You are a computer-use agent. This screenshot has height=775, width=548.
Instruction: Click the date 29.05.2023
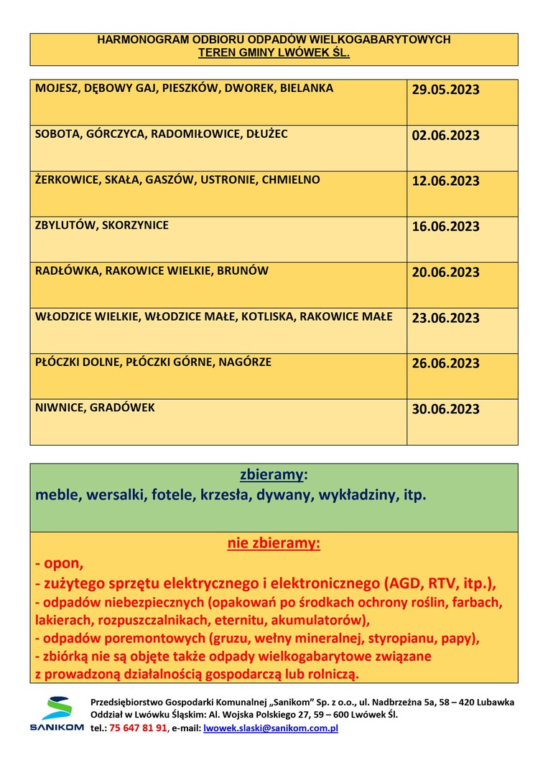click(x=445, y=90)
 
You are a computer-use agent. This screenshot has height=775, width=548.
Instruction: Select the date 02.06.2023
click(x=445, y=136)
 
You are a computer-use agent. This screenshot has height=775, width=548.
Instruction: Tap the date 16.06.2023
click(x=445, y=227)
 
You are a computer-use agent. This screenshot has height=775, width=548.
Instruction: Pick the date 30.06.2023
click(x=445, y=410)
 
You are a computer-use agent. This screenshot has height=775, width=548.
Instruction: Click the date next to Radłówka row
click(x=445, y=273)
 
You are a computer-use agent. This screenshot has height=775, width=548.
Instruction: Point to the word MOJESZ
click(x=57, y=88)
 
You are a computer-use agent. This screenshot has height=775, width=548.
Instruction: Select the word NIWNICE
click(x=59, y=408)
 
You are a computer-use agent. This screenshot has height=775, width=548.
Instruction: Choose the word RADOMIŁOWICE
click(x=195, y=133)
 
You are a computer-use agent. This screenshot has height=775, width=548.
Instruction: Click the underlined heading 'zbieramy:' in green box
click(x=274, y=475)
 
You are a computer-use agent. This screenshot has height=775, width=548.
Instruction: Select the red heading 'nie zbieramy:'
click(x=274, y=543)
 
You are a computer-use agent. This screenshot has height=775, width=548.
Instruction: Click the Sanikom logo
click(x=56, y=713)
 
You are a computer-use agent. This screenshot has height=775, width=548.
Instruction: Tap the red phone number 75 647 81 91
click(x=139, y=728)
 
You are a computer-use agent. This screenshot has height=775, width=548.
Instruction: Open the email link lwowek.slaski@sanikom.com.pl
click(x=271, y=728)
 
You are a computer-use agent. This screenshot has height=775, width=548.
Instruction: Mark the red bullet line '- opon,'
click(x=60, y=563)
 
